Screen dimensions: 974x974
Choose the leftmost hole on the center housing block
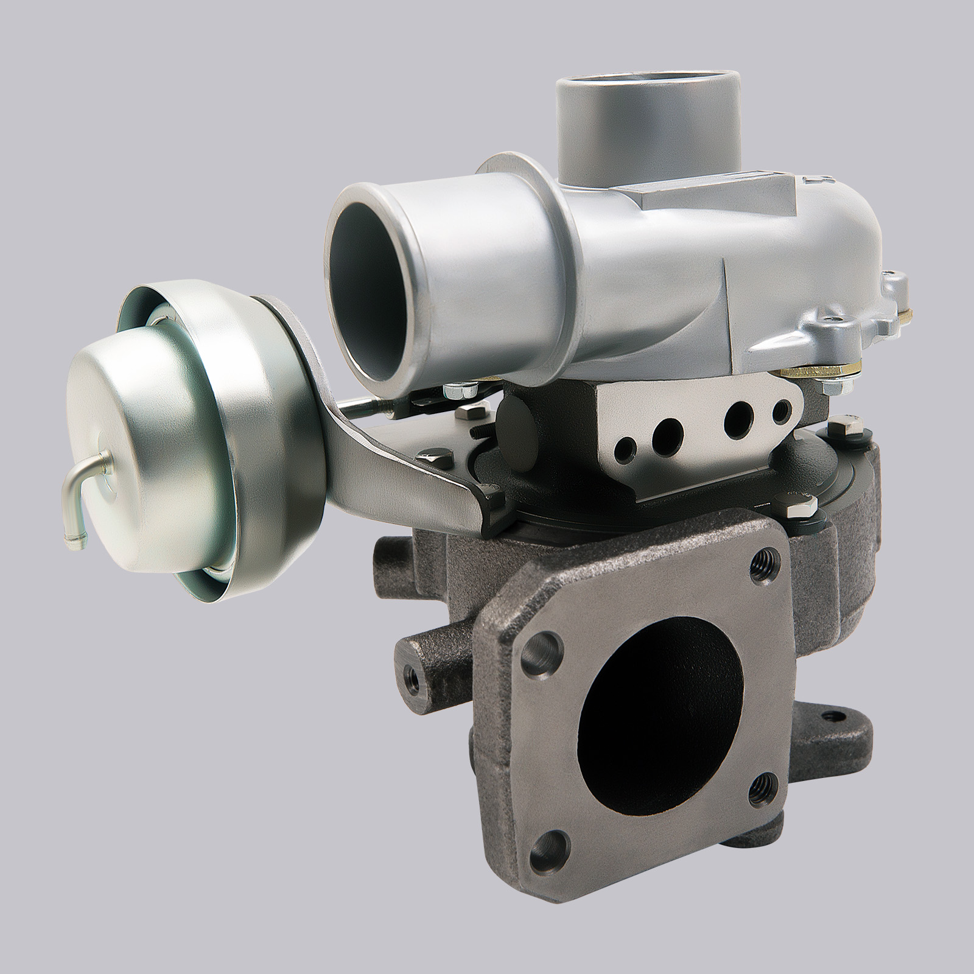tap(623, 447)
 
